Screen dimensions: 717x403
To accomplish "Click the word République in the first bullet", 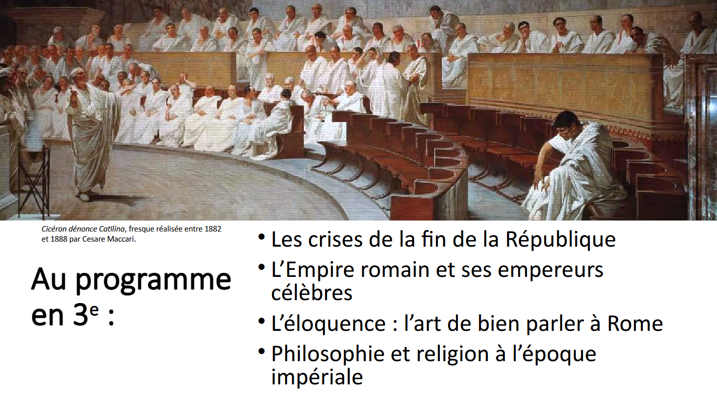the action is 560,240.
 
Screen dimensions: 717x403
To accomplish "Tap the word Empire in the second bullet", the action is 319,270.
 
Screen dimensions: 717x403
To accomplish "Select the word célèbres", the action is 311,292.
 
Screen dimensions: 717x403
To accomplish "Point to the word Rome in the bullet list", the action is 635,323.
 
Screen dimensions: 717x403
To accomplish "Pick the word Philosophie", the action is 328,354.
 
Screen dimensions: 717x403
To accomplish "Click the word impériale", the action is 317,377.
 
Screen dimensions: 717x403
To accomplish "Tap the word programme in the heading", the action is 153,281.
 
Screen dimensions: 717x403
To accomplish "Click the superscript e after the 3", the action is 94,310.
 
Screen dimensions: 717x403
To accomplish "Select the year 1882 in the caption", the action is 213,229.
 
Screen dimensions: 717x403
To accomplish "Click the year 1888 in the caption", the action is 59,239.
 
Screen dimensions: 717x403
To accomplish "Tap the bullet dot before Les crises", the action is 262,238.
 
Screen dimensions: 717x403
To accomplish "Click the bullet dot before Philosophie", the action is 262,352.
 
